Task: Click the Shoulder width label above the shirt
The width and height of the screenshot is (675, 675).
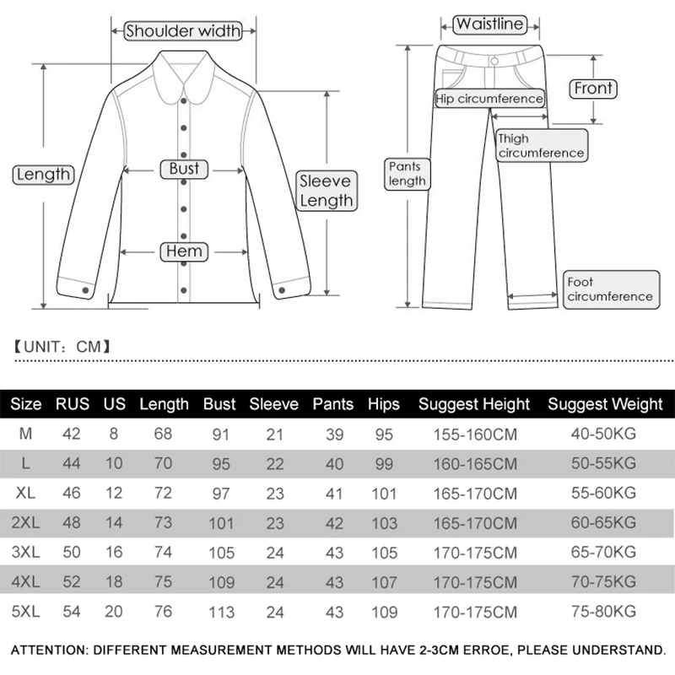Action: (x=184, y=31)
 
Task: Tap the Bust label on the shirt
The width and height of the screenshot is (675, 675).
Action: (x=184, y=169)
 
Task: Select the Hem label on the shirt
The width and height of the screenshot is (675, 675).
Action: (x=184, y=251)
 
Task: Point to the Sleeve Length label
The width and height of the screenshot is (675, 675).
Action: (x=326, y=191)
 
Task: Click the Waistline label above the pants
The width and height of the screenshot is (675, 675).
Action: (x=489, y=24)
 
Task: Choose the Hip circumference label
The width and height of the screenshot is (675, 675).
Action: (x=489, y=99)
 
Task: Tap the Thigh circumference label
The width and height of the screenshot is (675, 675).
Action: (x=540, y=145)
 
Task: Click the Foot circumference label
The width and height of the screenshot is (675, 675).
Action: (x=609, y=289)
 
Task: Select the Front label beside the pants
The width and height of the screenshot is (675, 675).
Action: (x=594, y=88)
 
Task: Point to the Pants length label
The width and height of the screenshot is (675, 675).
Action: (x=407, y=174)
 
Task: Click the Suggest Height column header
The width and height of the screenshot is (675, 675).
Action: (x=474, y=404)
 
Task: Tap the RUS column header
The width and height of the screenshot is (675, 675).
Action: (x=73, y=404)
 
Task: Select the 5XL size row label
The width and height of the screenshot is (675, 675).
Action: (x=26, y=611)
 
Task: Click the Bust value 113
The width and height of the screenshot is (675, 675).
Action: (x=219, y=611)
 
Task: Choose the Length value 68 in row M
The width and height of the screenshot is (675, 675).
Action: (x=164, y=435)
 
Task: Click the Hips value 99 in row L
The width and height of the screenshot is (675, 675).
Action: (x=384, y=464)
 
